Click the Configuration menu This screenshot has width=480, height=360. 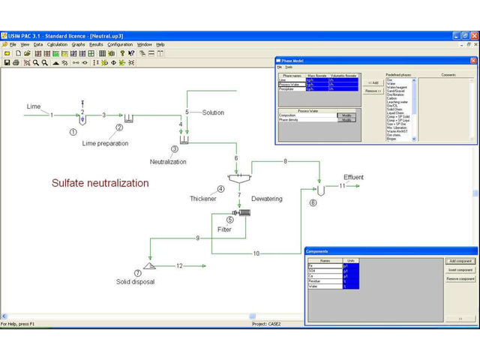120,44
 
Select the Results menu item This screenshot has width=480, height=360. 96,44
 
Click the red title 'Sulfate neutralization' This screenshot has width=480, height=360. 100,183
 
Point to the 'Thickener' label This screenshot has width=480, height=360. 203,198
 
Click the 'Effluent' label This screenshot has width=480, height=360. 353,177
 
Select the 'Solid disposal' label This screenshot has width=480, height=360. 136,281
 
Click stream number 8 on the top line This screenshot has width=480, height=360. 285,161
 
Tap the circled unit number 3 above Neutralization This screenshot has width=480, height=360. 175,149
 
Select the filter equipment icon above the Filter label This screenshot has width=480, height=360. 241,213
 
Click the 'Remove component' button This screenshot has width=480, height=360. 460,278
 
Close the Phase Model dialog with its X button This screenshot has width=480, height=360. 472,60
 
